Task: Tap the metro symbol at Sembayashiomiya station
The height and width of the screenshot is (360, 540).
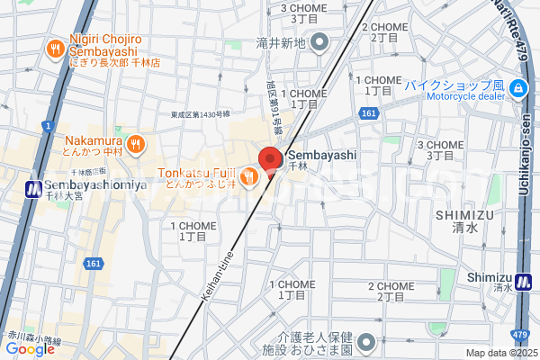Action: pos(33,188)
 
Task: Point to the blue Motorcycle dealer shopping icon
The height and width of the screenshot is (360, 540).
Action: pos(518,87)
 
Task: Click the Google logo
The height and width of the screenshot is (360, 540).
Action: pos(30,349)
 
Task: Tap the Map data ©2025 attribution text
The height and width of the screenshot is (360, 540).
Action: pos(500,353)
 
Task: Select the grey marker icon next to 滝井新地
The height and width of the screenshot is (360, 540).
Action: pos(318,43)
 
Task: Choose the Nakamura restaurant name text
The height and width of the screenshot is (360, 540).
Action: pos(94,139)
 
